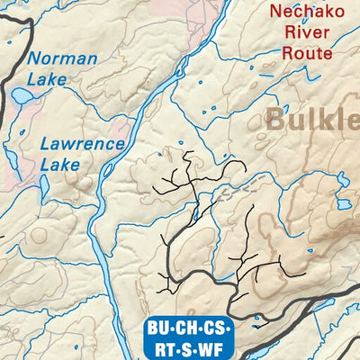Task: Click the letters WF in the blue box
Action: click(x=215, y=346)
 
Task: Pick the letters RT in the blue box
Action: click(x=164, y=346)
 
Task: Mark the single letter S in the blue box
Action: click(x=191, y=346)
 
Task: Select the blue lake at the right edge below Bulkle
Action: click(x=343, y=203)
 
